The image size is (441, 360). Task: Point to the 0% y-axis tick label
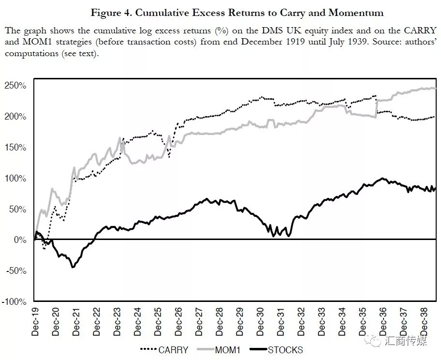(20, 240)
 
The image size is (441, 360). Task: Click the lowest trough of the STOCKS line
(73, 267)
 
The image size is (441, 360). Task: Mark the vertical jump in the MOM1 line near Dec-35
(376, 108)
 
